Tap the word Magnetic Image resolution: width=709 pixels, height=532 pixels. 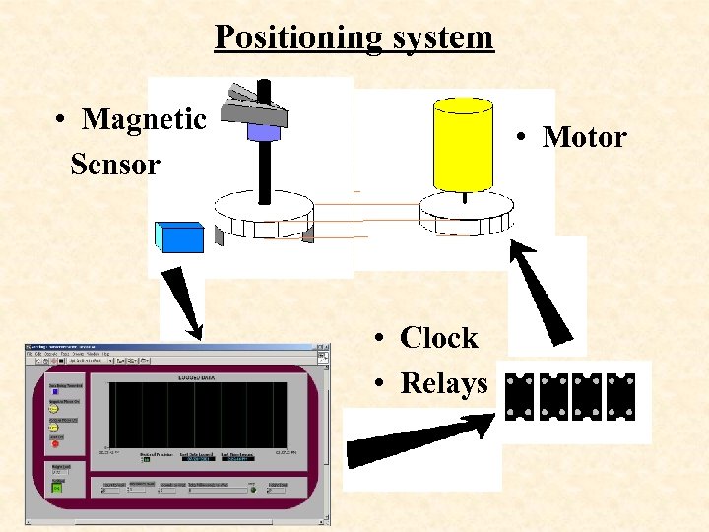(144, 120)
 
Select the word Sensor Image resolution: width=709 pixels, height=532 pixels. (114, 165)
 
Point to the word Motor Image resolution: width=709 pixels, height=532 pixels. (584, 137)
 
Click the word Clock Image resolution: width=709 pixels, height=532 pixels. (438, 338)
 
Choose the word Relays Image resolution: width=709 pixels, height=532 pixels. (443, 382)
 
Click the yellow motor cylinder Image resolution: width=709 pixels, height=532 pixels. (462, 146)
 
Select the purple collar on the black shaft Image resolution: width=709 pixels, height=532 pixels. (263, 131)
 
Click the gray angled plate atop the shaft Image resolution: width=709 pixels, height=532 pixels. (254, 105)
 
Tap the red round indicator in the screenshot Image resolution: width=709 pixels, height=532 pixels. (55, 443)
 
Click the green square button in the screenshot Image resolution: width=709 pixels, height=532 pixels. (56, 487)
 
